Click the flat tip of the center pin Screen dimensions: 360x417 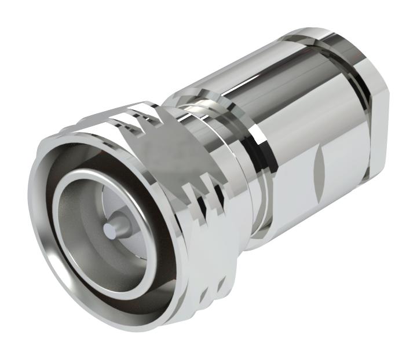tap(109, 230)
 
